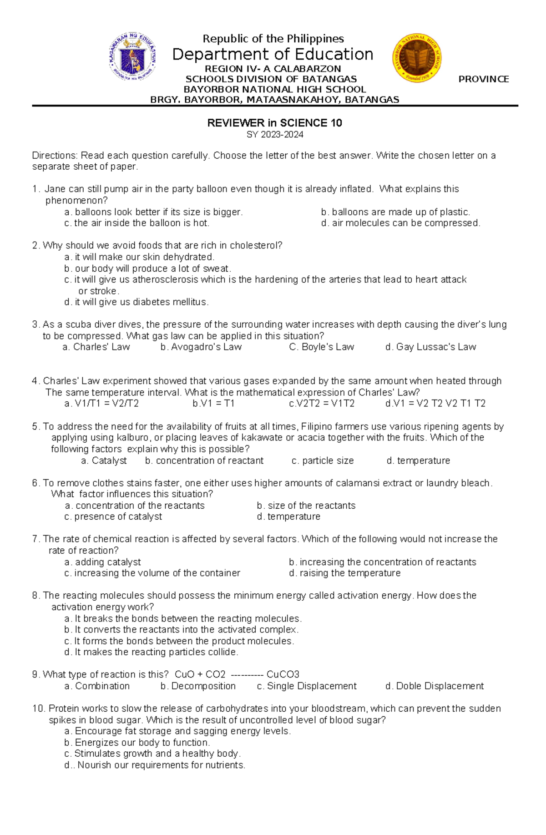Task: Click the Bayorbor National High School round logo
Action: click(x=417, y=58)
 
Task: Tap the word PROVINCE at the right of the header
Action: click(x=483, y=79)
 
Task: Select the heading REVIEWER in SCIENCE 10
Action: click(x=274, y=123)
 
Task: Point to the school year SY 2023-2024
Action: click(x=274, y=135)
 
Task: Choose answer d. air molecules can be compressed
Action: click(x=400, y=223)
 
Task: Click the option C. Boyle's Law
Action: click(x=321, y=347)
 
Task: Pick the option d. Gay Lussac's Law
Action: click(x=430, y=347)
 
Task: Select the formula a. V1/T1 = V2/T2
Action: click(x=101, y=404)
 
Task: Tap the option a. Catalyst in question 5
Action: click(x=104, y=461)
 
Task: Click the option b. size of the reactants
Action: click(x=306, y=506)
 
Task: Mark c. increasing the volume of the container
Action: click(x=152, y=573)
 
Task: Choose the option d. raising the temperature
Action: click(x=344, y=573)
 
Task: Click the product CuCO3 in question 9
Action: click(x=283, y=674)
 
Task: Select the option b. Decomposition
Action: click(x=198, y=686)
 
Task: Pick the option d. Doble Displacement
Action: click(x=434, y=686)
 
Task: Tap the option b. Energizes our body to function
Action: click(x=137, y=743)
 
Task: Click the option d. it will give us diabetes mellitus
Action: click(x=136, y=302)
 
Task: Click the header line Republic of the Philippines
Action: click(x=273, y=39)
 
